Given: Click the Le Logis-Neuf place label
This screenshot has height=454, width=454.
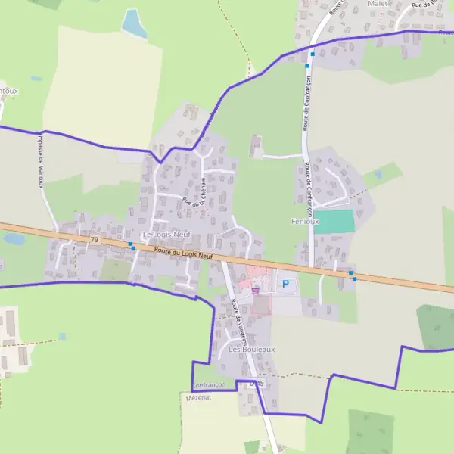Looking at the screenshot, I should coord(166,235).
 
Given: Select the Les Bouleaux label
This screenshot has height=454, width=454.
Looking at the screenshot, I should coord(251,350).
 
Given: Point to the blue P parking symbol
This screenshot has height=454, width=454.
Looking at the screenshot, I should coord(285,285).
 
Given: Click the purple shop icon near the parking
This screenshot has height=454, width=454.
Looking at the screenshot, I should coord(255,290).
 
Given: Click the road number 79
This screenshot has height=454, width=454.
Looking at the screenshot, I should coord(94,240).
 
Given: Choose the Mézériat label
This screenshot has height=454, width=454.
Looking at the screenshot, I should coord(197,396).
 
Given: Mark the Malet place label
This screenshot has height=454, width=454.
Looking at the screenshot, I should coord(377,4).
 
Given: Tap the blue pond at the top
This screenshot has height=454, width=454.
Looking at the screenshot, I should coord(135,23).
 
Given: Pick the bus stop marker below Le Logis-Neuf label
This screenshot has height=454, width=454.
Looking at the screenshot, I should coord(132,247).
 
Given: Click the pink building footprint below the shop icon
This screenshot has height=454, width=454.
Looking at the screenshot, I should coord(261,304).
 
